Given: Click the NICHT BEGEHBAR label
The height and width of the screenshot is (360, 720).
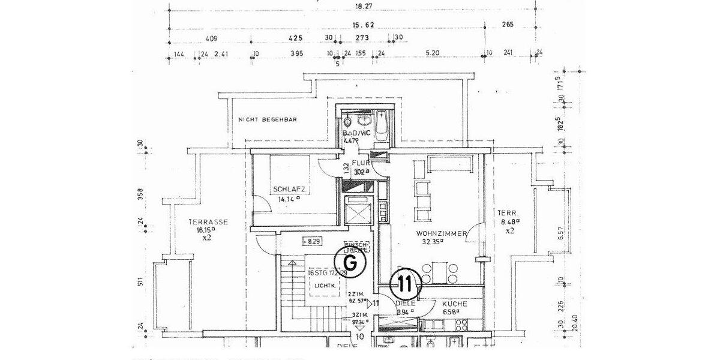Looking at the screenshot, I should (268, 119).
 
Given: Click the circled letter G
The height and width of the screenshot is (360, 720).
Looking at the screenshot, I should (352, 262).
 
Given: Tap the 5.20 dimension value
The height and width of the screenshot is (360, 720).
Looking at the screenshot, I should (432, 53).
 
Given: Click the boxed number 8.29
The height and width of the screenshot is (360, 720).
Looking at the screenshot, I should (311, 242).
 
